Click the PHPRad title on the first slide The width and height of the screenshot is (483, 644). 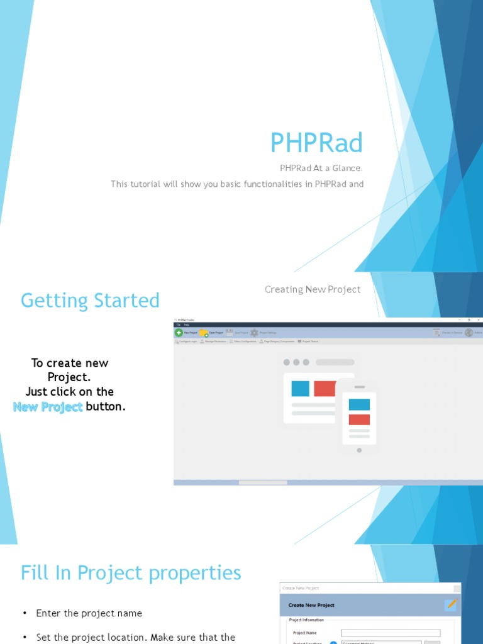pos(316,143)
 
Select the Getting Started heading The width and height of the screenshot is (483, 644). pos(90,301)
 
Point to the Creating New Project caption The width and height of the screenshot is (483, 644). pos(313,289)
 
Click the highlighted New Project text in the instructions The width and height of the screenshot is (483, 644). pos(48,407)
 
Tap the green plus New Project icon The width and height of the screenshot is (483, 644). pos(179,333)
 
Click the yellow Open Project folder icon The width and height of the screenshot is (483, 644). pos(204,333)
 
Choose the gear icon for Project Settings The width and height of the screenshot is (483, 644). pos(254,333)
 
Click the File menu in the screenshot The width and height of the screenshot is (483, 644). pos(178,325)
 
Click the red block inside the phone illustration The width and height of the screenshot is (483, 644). pos(359,419)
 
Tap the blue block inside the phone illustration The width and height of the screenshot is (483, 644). pos(359,404)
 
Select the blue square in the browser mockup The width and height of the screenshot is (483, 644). pos(300,389)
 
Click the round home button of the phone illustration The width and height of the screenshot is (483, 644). pos(359,450)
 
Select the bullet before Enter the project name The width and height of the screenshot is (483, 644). pos(25,613)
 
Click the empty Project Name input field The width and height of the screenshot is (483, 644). pos(391,633)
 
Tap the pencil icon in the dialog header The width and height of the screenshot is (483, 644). pos(450,604)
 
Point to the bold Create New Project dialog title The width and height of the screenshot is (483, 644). pos(311,605)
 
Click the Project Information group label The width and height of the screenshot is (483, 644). pos(306,620)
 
